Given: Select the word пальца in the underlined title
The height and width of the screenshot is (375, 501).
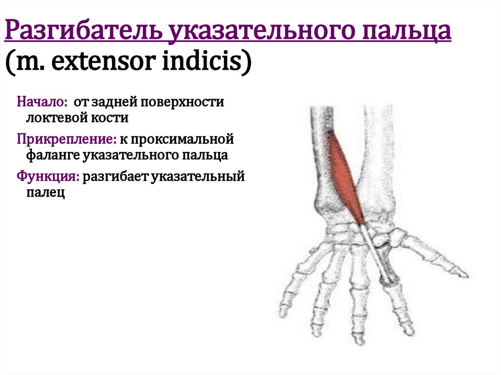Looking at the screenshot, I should [405, 32].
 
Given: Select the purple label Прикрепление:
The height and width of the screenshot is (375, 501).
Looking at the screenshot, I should [67, 140].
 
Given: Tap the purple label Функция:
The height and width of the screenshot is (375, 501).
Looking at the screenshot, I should [48, 176].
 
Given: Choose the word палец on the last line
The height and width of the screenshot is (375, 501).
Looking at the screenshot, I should [46, 192].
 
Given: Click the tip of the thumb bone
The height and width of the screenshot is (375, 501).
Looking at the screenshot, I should [462, 274].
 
